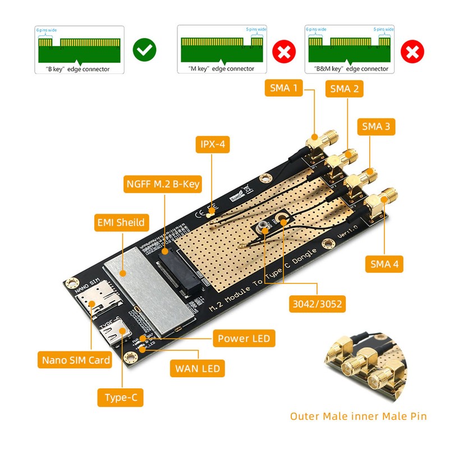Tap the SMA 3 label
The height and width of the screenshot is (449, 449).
tap(375, 127)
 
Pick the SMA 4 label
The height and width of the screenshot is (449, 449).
tap(384, 263)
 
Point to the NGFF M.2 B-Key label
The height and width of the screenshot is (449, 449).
tap(162, 183)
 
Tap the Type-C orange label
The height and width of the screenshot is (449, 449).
tap(121, 398)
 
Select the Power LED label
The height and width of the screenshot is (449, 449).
tap(244, 338)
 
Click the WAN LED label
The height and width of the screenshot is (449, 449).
tap(198, 369)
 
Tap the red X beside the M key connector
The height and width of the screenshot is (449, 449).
tap(284, 53)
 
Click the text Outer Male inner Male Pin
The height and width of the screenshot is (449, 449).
tap(358, 416)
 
